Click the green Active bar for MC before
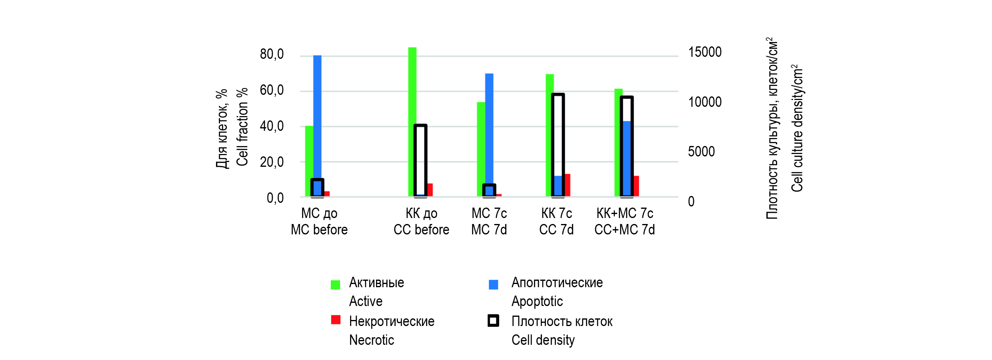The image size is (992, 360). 309,160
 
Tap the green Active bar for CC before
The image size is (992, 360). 412,120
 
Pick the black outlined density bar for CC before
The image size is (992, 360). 420,160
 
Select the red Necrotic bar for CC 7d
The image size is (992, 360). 567,185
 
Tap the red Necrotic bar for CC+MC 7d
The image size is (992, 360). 636,186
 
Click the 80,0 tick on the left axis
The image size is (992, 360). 272,54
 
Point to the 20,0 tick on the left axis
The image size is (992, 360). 272,162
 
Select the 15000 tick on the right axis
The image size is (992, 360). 705,52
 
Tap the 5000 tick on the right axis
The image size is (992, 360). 701,152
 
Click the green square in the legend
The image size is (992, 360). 335,284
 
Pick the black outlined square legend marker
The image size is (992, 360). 493,321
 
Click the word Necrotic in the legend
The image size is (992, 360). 372,340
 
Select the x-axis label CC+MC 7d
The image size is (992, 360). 624,230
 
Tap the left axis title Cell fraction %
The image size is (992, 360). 242,127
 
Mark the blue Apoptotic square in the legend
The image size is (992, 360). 493,284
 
